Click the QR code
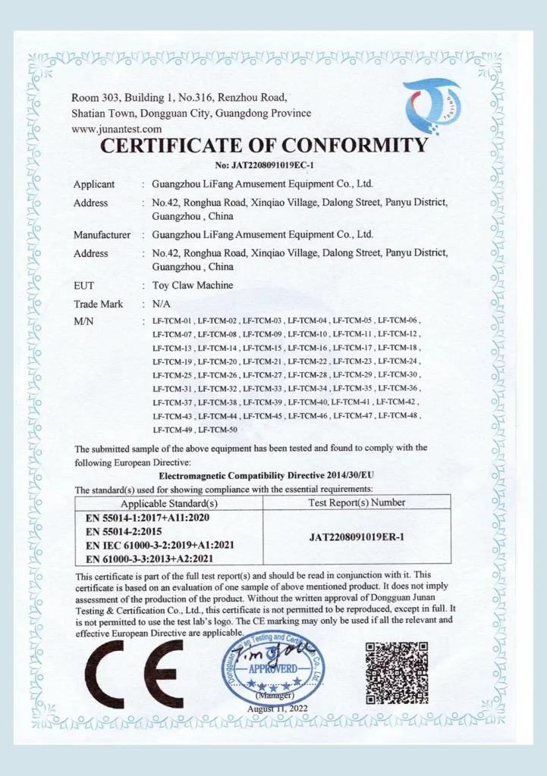point(397,672)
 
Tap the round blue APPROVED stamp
point(273,666)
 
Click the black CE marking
point(135,674)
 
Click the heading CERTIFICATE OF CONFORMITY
point(263,145)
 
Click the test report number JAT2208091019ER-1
point(357,537)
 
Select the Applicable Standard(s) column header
point(169,502)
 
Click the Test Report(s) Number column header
point(357,502)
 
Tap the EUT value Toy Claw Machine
point(193,286)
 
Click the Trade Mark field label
point(98,304)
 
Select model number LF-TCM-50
point(218,430)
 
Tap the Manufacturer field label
point(102,235)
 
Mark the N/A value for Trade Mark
point(162,304)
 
